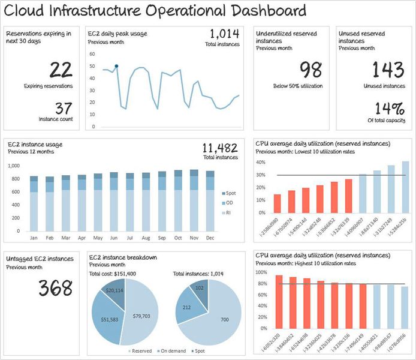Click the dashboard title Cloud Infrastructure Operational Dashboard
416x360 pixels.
click(155, 11)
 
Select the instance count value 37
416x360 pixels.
click(49, 108)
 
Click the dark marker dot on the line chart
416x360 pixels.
click(116, 66)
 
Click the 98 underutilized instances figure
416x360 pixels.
click(311, 70)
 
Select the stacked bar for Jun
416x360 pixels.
click(114, 202)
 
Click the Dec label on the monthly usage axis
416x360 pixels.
click(210, 238)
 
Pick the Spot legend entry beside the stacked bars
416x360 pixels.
click(229, 193)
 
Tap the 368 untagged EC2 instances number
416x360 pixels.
click(56, 287)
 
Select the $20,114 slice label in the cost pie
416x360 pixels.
click(114, 290)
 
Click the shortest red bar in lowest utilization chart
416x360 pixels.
click(277, 203)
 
